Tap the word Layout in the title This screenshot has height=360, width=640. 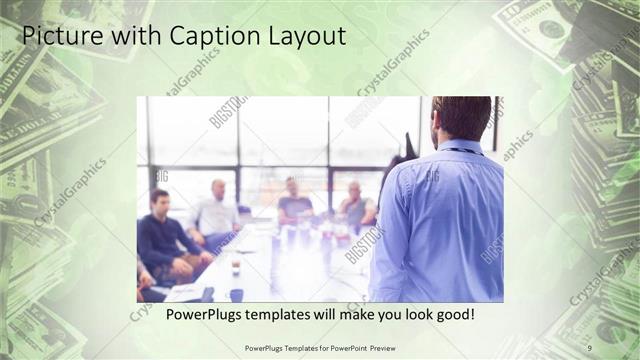pyautogui.click(x=303, y=37)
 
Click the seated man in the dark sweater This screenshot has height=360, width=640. pyautogui.click(x=162, y=236)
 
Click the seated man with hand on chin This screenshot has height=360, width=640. pyautogui.click(x=355, y=205)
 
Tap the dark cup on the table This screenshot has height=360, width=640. pyautogui.click(x=236, y=294)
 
